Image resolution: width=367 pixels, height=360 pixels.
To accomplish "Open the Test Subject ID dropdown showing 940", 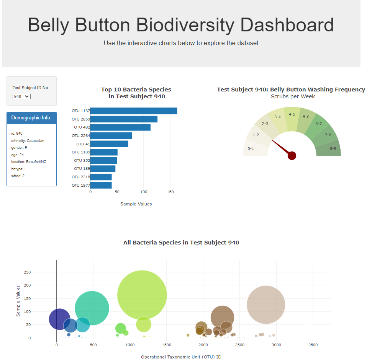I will (21, 96).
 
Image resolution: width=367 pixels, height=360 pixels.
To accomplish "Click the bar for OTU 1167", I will (133, 111).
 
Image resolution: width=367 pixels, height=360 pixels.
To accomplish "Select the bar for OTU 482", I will (120, 127).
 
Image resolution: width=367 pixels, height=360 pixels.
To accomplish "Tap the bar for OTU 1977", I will (101, 185).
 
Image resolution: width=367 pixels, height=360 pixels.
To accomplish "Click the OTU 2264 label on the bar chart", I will (80, 135).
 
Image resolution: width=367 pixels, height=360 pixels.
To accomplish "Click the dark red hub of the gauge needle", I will (292, 155).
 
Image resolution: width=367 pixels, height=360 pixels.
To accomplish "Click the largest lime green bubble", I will (142, 295).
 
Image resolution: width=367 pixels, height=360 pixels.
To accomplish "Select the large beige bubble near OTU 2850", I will (266, 305).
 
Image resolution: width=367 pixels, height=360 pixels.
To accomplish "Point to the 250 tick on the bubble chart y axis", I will (27, 272).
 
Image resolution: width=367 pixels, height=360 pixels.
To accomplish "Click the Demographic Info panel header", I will (31, 118).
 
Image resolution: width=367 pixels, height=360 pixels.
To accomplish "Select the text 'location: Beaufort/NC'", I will (29, 162).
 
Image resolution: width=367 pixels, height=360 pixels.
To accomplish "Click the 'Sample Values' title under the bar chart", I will (136, 204).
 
